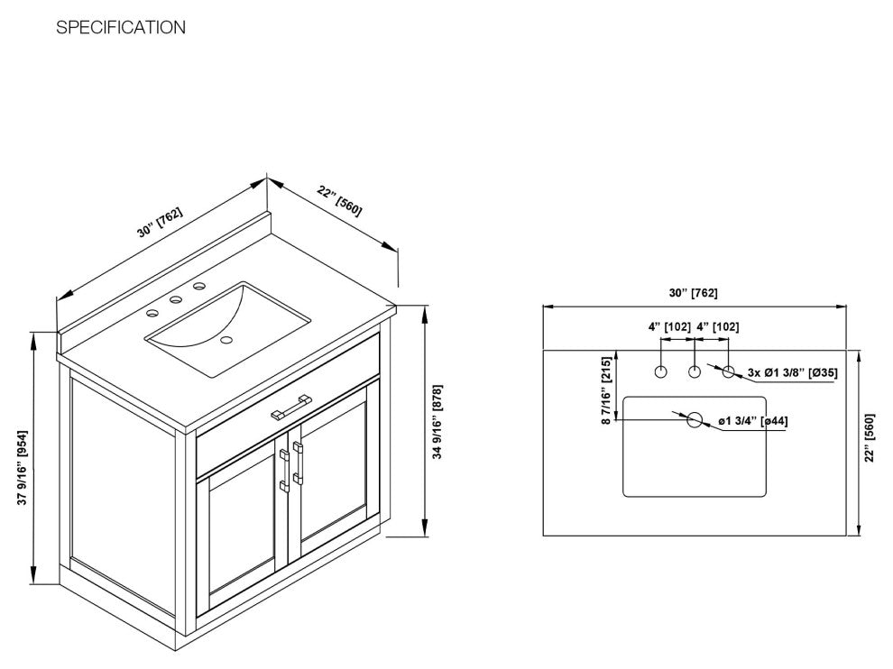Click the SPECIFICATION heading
121,28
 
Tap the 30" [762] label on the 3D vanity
161,222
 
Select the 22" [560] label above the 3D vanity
340,200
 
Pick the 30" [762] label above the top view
693,293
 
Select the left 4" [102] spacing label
669,327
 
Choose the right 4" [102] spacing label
718,327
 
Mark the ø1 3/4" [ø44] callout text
753,421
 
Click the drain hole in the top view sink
695,420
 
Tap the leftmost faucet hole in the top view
661,371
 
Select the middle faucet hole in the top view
695,371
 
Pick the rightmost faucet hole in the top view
729,371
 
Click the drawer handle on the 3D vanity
290,405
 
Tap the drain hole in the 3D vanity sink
226,341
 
